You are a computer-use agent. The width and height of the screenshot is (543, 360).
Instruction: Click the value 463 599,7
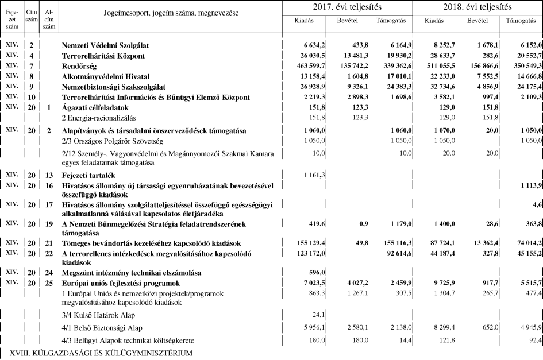308,66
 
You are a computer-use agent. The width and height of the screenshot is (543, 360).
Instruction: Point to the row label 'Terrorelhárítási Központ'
103,56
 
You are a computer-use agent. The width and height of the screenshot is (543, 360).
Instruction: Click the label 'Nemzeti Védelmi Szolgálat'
105,45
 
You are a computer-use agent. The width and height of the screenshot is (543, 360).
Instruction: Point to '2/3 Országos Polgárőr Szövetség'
111,141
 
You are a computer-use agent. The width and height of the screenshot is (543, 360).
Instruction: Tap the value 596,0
317,272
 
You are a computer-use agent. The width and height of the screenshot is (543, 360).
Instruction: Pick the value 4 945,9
525,327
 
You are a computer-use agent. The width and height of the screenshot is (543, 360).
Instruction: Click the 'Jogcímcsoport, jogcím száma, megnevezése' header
171,12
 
